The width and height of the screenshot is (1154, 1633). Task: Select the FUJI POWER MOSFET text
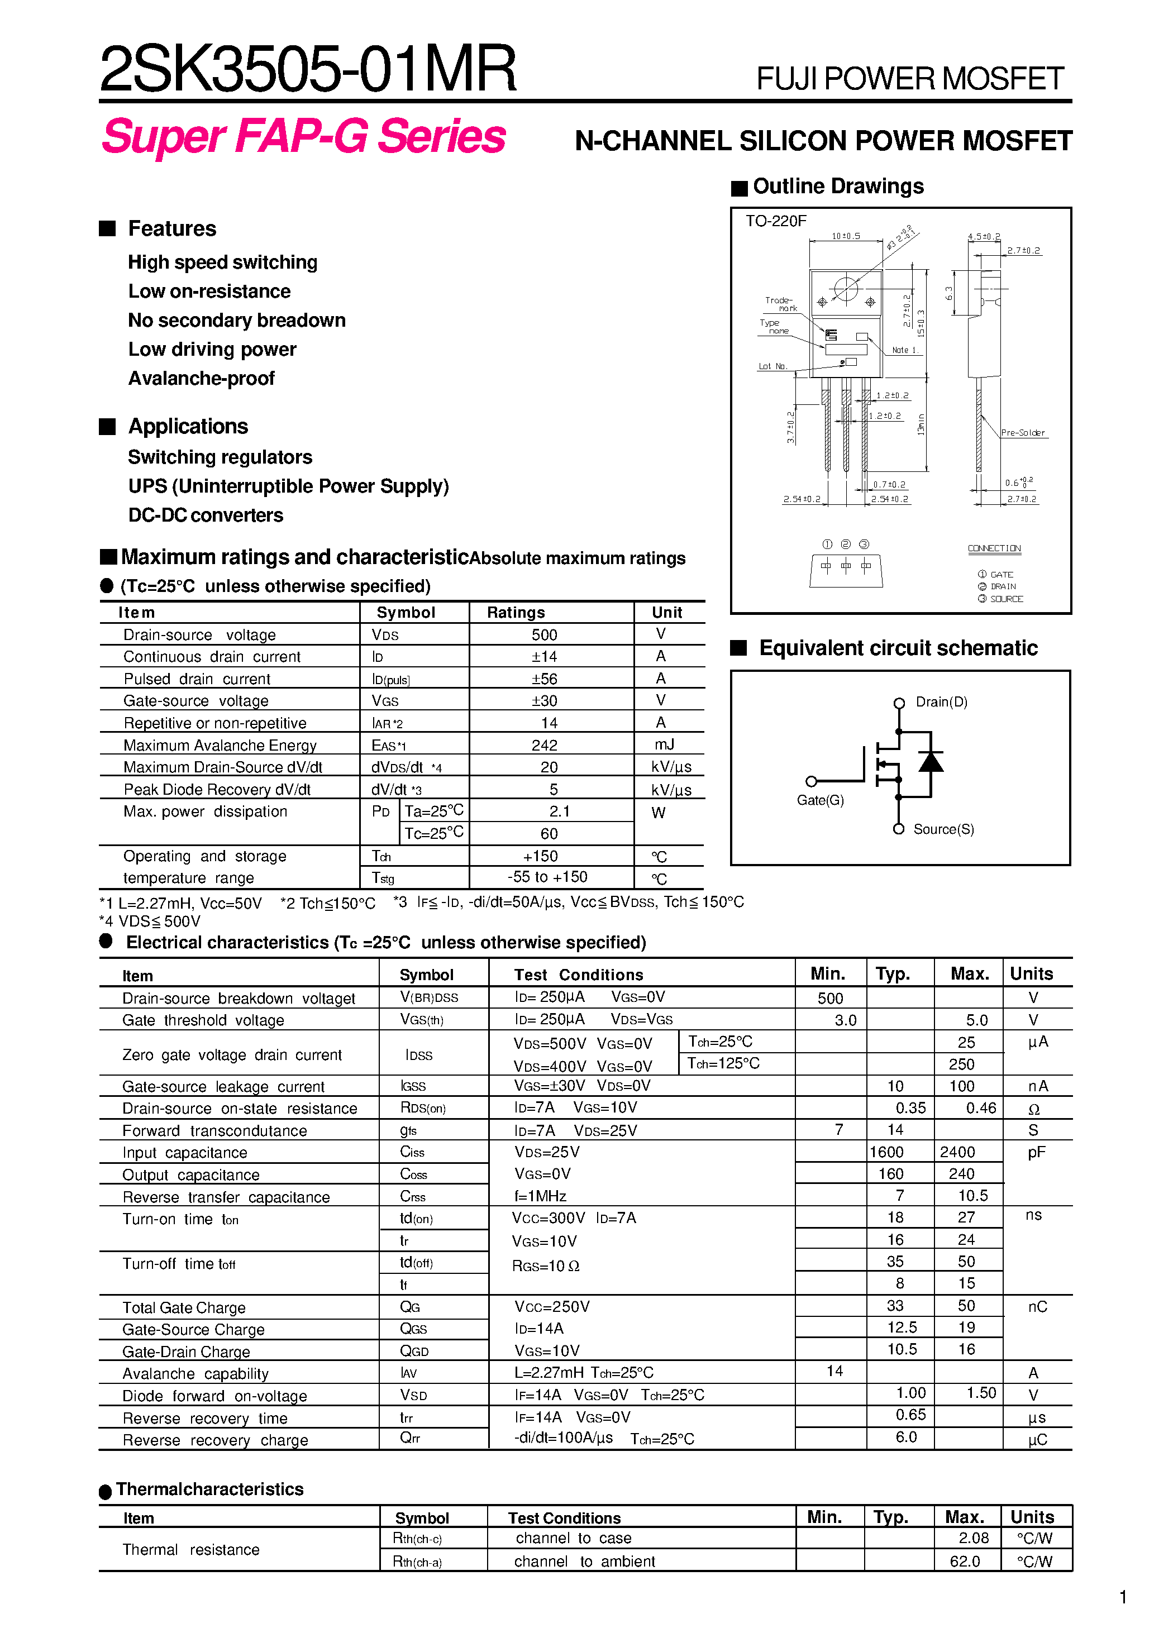click(910, 78)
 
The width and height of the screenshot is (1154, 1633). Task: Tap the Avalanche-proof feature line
click(201, 379)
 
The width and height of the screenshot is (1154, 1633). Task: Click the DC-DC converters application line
click(206, 515)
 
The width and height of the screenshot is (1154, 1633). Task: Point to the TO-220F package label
click(775, 221)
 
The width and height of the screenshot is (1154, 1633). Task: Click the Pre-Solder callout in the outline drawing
click(1022, 432)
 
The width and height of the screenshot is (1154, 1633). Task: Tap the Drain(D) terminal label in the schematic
click(941, 702)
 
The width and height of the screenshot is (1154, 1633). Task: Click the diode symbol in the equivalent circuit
click(931, 762)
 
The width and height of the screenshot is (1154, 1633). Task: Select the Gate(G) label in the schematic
click(821, 800)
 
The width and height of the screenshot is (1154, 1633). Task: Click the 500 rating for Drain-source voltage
click(544, 634)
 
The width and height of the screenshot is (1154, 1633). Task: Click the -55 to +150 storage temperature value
click(547, 877)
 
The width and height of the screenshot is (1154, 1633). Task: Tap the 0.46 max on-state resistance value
click(980, 1108)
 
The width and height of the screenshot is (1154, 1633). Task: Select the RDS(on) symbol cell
click(423, 1108)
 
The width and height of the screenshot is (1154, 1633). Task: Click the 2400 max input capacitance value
click(957, 1152)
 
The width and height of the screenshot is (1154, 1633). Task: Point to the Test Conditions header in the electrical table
click(579, 975)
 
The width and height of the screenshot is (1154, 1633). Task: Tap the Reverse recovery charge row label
click(215, 1440)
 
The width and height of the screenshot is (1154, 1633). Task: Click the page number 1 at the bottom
click(1123, 1597)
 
